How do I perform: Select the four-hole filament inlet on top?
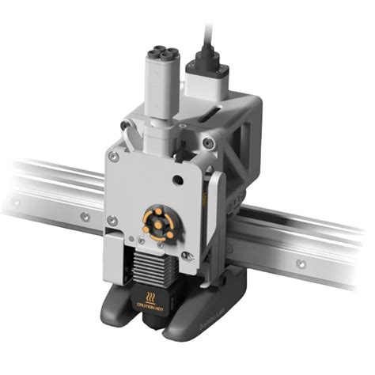tap(157, 58)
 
